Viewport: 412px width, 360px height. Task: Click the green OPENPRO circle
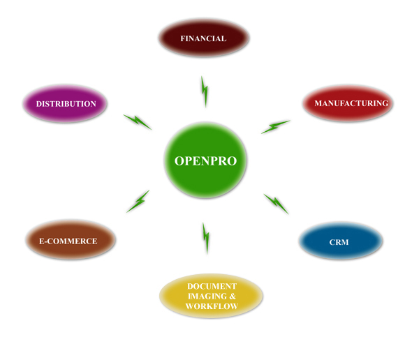(205, 160)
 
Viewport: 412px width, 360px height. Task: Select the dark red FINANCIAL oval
(203, 38)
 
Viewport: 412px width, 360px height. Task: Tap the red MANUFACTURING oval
(348, 103)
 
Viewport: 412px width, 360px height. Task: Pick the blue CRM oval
(340, 242)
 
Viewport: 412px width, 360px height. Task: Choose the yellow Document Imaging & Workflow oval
(211, 297)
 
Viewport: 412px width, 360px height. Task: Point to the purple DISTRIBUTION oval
(66, 104)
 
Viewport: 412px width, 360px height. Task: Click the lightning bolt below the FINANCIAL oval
(205, 91)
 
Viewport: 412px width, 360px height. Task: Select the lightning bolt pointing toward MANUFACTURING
(275, 126)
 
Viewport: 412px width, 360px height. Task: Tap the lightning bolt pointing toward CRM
(276, 203)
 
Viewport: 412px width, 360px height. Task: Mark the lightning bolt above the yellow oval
(206, 238)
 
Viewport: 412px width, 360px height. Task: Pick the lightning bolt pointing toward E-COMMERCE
(138, 202)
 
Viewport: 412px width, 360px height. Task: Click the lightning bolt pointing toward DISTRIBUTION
(138, 121)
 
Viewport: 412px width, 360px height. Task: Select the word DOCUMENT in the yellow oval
(212, 286)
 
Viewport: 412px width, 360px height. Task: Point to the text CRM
(339, 243)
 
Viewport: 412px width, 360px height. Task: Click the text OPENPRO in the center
(205, 161)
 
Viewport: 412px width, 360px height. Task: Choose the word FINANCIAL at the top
(203, 38)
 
